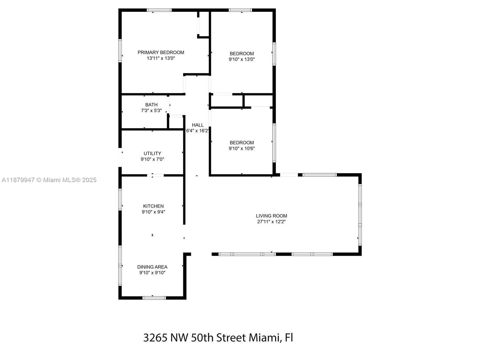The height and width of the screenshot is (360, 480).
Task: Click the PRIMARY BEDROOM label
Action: [x=161, y=52]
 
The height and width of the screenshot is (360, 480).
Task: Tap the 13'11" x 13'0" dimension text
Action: [x=161, y=58]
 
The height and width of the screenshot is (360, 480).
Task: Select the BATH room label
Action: [x=151, y=105]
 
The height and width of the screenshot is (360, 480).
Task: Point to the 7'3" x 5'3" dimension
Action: [x=151, y=110]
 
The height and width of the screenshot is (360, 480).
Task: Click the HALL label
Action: [x=198, y=125]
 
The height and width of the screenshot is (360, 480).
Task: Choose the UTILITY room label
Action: [x=152, y=154]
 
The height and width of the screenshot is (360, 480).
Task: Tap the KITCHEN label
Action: [x=153, y=206]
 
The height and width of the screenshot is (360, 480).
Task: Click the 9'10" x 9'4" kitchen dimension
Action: [x=153, y=212]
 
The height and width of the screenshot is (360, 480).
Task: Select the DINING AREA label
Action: [x=152, y=267]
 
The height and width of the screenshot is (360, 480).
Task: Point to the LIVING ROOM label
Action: [x=271, y=216]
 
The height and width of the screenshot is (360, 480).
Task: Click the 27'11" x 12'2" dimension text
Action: [x=271, y=222]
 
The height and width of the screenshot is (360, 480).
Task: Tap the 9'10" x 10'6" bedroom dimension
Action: [x=242, y=148]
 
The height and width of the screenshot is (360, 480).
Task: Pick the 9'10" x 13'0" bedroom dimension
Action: [x=242, y=59]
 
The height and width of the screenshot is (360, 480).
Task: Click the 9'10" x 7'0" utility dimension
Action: [x=152, y=159]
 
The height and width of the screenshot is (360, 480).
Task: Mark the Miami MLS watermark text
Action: [x=49, y=180]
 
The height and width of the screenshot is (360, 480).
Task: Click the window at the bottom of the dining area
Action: [x=154, y=298]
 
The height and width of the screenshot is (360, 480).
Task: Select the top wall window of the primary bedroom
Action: [x=159, y=10]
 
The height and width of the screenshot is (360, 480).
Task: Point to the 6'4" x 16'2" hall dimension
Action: [x=197, y=131]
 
